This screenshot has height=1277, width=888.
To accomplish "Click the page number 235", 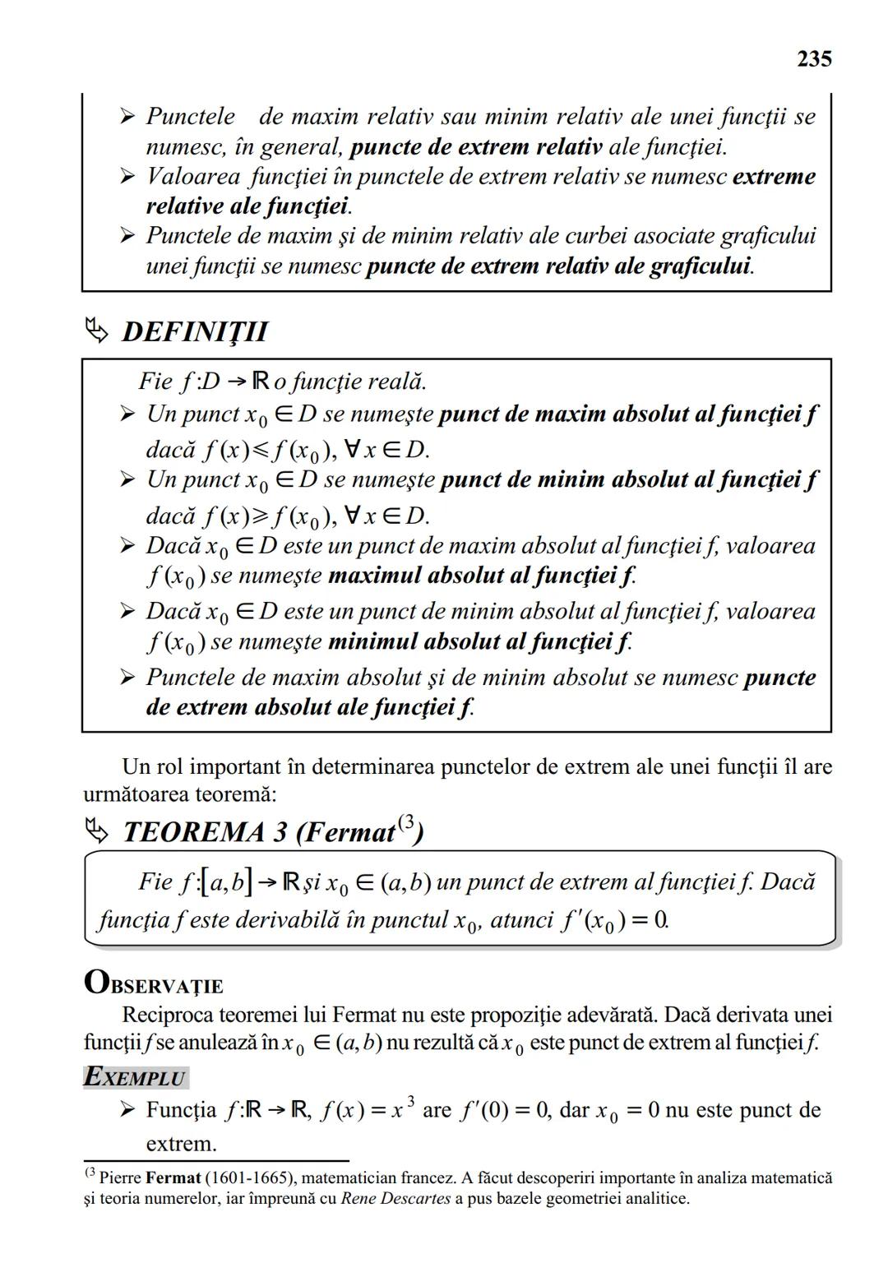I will click(x=814, y=59).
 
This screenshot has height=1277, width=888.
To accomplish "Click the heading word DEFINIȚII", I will click(x=195, y=332).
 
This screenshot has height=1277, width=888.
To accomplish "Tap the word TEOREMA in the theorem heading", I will click(x=193, y=833).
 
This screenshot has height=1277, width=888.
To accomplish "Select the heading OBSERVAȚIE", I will click(x=154, y=983).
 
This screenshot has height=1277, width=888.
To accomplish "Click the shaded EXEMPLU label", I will click(x=136, y=1077).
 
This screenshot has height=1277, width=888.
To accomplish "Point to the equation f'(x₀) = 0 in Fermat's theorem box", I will click(x=614, y=919).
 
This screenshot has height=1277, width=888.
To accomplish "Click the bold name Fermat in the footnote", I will click(x=173, y=1178).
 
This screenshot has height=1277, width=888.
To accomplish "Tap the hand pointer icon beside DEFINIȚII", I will click(x=97, y=331).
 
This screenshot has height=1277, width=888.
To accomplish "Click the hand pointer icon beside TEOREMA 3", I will click(x=97, y=832).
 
